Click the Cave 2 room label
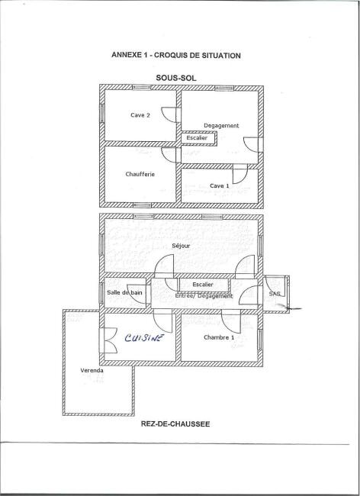(x=140, y=115)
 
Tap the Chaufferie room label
(x=140, y=174)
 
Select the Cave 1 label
(x=220, y=186)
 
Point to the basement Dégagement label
(x=221, y=126)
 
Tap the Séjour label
(x=181, y=246)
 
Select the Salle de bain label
(x=124, y=292)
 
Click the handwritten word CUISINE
(x=144, y=338)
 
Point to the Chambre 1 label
(x=219, y=337)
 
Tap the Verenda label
(x=92, y=370)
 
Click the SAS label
(x=275, y=294)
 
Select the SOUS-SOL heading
(x=176, y=78)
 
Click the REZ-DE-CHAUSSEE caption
(x=175, y=424)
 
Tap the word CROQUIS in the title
(x=171, y=56)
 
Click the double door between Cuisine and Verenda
(x=108, y=340)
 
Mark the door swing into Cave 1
(x=240, y=174)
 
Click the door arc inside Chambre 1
(x=231, y=322)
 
